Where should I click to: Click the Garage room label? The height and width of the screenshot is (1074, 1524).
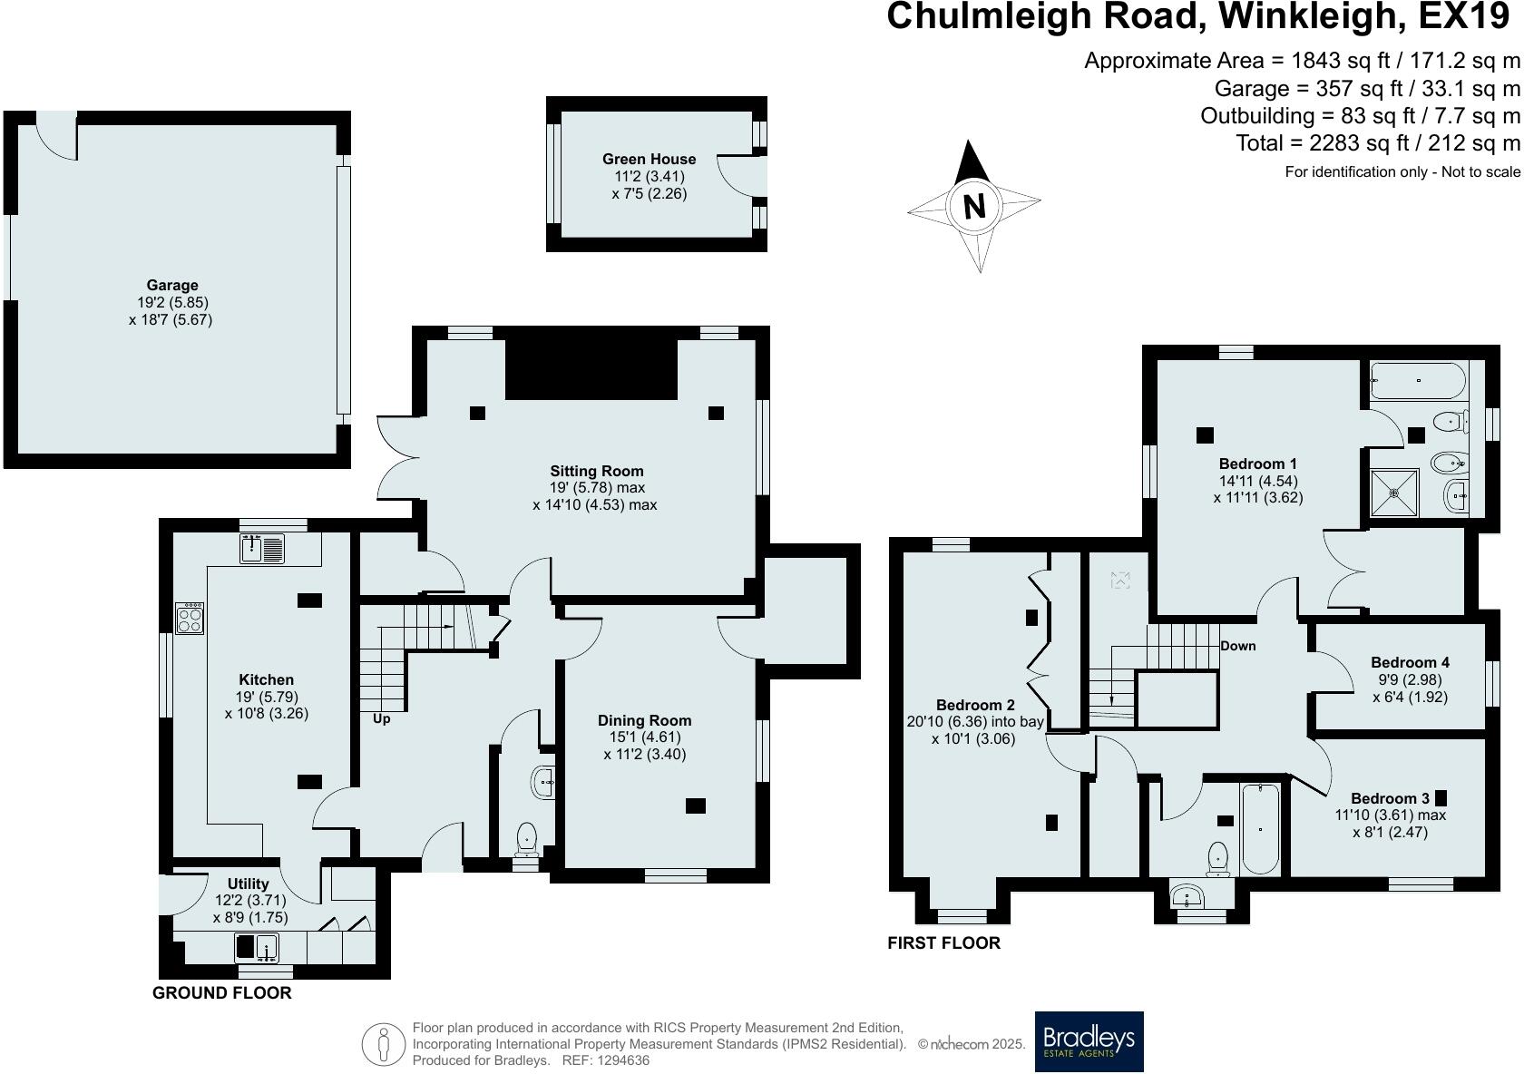172,285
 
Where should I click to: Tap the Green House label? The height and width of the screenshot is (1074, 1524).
649,159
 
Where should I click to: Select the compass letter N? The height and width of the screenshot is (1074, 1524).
973,207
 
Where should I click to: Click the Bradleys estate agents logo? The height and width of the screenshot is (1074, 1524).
1089,1041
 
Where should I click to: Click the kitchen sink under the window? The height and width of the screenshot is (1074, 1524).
262,548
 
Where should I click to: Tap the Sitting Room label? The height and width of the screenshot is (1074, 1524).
596,471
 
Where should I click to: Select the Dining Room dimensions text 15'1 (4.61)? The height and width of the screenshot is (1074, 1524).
644,737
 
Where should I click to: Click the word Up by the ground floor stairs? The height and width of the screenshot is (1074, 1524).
381,718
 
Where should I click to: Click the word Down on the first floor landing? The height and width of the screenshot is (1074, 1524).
1237,646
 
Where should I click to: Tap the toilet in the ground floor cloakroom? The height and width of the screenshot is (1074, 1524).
527,839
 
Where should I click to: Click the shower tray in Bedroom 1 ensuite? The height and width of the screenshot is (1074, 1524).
1393,493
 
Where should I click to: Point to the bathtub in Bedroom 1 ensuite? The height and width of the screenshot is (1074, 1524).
1416,381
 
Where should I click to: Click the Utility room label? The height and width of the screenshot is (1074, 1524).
248,884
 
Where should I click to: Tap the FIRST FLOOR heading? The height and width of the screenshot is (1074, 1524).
943,942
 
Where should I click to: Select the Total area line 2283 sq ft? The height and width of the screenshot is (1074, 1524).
1377,142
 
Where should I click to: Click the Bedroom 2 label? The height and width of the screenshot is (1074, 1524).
975,705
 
